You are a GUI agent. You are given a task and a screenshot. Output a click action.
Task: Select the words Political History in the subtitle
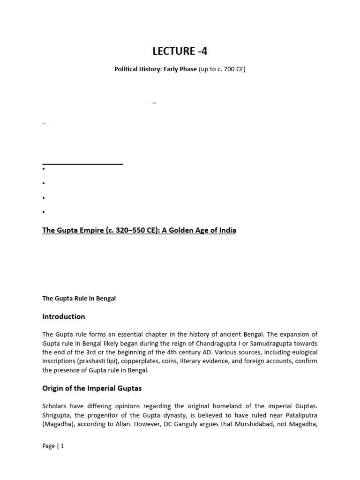click(138, 69)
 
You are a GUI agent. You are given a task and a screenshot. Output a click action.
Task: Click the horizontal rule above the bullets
click(82, 164)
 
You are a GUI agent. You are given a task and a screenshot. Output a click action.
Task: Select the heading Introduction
click(64, 316)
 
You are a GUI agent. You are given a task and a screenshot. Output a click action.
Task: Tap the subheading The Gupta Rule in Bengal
click(79, 299)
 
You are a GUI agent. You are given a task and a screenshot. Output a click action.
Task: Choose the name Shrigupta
click(58, 414)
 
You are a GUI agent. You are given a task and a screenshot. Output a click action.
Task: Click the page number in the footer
click(62, 446)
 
